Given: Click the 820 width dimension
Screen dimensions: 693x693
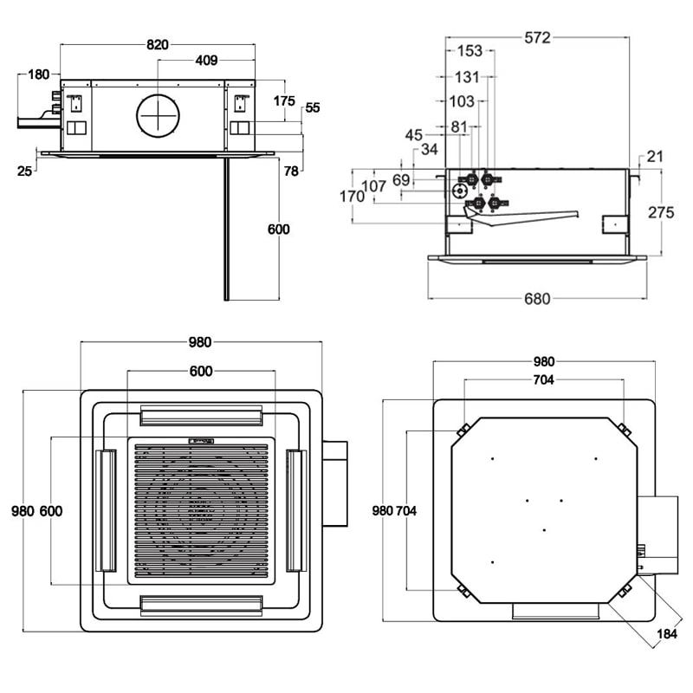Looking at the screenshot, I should pos(157,44).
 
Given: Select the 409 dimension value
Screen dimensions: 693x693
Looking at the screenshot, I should pos(206,61).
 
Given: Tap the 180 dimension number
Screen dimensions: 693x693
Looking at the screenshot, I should pos(38,74).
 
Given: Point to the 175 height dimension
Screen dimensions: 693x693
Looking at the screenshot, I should pos(284,100).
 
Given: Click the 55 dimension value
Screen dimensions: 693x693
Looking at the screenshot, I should pos(313,108).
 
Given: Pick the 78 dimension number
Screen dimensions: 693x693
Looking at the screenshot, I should pos(291,172).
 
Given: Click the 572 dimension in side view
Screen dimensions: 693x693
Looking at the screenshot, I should pos(537,37).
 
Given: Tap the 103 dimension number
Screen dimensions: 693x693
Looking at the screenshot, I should pos(462,101).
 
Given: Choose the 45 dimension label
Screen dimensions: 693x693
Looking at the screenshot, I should pos(414,134).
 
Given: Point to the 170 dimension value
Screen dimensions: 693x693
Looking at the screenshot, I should pos(352,197).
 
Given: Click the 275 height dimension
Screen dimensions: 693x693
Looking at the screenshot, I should pos(662,212).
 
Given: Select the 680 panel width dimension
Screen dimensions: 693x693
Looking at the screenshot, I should pos(537,299).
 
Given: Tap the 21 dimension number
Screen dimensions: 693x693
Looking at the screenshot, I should pos(654,156).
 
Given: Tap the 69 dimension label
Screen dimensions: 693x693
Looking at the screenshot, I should pos(401,180).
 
